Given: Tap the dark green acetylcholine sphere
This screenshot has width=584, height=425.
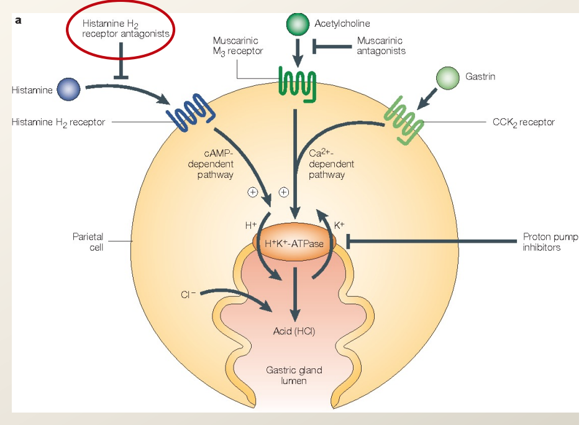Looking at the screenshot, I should tap(298, 24).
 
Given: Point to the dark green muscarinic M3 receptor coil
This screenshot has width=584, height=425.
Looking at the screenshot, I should tap(297, 82).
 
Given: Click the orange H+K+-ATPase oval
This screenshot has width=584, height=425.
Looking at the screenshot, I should tap(294, 243).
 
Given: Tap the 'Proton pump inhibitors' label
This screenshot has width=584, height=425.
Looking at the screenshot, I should tap(550, 242).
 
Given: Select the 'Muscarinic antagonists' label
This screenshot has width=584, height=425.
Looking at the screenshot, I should tap(381, 45).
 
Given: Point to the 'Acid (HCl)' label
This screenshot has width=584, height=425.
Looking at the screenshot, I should tap(294, 330).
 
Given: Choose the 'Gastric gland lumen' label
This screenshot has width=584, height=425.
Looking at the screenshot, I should tap(294, 375).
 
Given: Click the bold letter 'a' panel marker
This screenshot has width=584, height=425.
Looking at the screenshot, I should tap(18, 20).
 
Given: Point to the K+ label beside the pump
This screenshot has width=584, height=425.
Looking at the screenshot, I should tap(339, 225).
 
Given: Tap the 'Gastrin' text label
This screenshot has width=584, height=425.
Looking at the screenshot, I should tap(480, 77).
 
